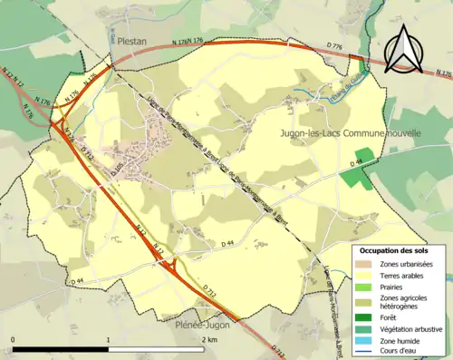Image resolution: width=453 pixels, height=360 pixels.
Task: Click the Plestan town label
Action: click(x=130, y=41)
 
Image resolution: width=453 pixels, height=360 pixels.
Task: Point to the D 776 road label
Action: click(x=331, y=45)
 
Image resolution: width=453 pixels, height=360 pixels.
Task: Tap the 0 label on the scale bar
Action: click(x=14, y=339)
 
